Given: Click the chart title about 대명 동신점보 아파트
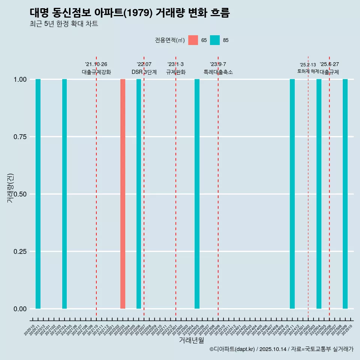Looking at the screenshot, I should pyautogui.click(x=129, y=13).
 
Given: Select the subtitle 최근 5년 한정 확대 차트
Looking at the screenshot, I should pyautogui.click(x=64, y=24).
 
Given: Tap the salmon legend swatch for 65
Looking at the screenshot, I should pyautogui.click(x=193, y=40).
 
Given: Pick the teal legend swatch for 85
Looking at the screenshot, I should pyautogui.click(x=215, y=40).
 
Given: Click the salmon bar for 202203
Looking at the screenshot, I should pyautogui.click(x=123, y=194).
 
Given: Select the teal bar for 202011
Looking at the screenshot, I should pyautogui.click(x=38, y=194).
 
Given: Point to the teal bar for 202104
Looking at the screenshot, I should pyautogui.click(x=64, y=194).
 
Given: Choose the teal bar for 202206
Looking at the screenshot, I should pyautogui.click(x=139, y=194).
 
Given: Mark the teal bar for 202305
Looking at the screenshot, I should pyautogui.click(x=197, y=194).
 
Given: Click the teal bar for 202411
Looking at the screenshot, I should pyautogui.click(x=292, y=194).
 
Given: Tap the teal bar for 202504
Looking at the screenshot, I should pyautogui.click(x=319, y=194).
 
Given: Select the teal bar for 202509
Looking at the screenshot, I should pyautogui.click(x=345, y=194).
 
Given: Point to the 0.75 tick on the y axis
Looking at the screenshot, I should pyautogui.click(x=20, y=137).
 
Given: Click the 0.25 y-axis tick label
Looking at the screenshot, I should pyautogui.click(x=20, y=252).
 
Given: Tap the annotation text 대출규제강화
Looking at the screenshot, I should pyautogui.click(x=96, y=72).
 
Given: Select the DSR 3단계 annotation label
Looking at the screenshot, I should pyautogui.click(x=144, y=72).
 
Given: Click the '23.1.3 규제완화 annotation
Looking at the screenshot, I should pyautogui.click(x=176, y=68).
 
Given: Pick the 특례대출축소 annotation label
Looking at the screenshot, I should pyautogui.click(x=218, y=72).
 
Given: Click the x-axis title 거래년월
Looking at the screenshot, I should pyautogui.click(x=191, y=340).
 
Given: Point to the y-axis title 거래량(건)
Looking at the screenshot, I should pyautogui.click(x=10, y=188).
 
